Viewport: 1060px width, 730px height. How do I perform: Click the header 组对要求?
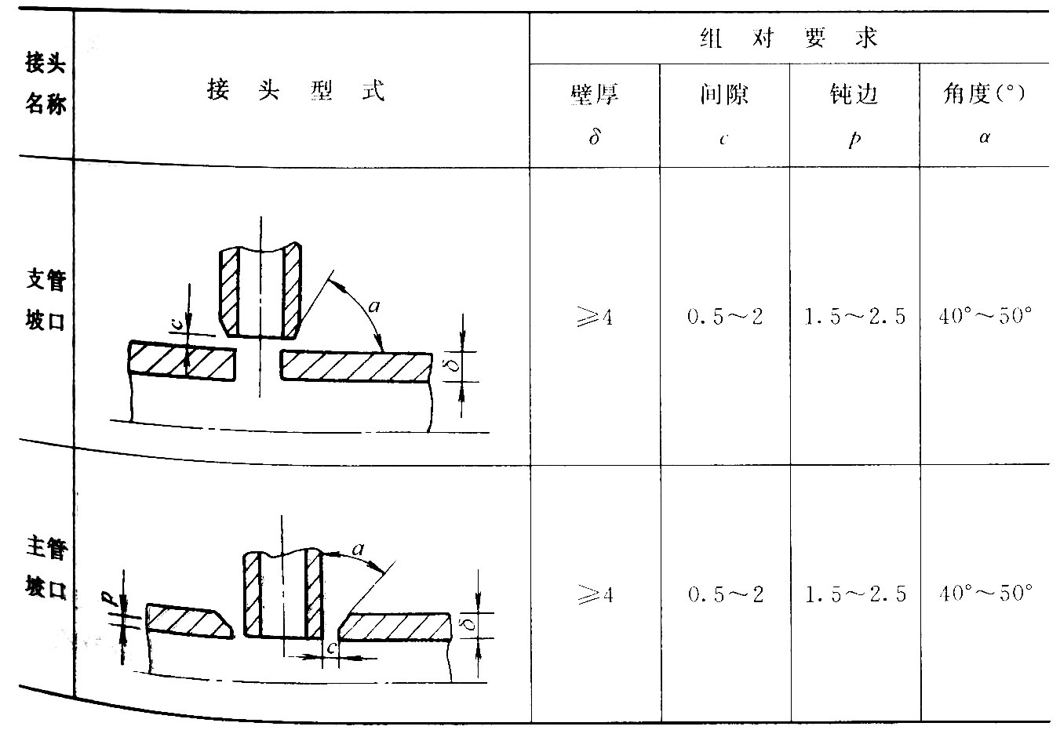tap(789, 38)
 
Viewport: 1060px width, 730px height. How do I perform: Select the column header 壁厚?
tap(595, 93)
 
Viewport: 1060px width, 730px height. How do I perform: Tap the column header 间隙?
tap(724, 93)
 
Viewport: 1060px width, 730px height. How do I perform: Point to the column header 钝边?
tap(854, 93)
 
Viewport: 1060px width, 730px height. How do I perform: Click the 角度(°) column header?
tap(984, 93)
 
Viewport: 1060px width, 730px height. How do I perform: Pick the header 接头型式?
tap(297, 89)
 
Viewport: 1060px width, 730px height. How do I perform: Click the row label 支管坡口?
tap(46, 300)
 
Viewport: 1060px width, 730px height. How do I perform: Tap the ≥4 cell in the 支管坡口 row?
tap(595, 316)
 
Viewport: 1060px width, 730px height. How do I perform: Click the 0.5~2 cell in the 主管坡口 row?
tap(726, 594)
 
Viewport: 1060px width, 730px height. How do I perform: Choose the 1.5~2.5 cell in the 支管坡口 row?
tap(854, 316)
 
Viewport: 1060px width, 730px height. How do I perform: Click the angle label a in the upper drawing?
tap(373, 307)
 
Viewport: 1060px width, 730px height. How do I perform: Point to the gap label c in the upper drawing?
tap(176, 324)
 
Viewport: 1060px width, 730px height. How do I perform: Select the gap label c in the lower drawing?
tap(332, 647)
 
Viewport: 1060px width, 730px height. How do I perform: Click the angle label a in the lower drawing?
tap(359, 550)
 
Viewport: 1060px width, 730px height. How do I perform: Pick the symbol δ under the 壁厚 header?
tap(595, 137)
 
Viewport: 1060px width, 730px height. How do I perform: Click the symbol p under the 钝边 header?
tap(854, 139)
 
